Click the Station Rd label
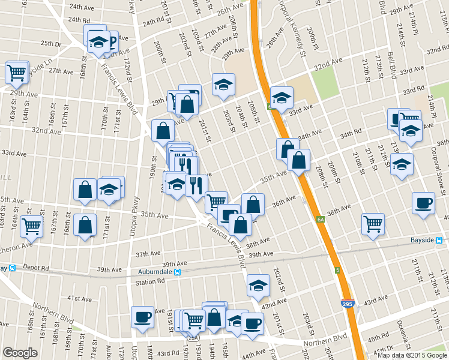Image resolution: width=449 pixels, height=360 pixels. coord(149,282)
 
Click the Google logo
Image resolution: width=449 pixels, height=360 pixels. coord(20,353)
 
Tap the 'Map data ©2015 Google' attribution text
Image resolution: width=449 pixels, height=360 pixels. coord(412,355)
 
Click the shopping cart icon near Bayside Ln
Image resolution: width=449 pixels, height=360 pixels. coord(16,73)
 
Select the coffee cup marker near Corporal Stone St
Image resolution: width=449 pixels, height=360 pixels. coord(423,203)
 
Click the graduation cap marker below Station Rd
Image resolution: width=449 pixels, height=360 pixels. coord(258,285)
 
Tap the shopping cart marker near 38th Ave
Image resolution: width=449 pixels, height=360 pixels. coord(373,224)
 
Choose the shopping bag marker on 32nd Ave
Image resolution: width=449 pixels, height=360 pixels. coord(163,130)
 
